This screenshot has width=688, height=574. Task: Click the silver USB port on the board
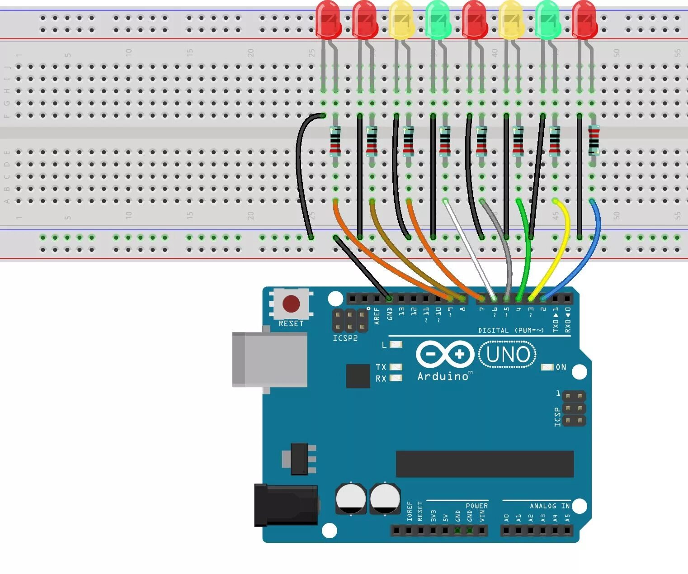[x=269, y=360]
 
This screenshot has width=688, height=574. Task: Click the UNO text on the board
[x=508, y=355]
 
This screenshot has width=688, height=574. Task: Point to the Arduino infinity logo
[x=445, y=354]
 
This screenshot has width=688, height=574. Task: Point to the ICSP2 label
[x=345, y=338]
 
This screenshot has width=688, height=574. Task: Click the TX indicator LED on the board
[x=396, y=367]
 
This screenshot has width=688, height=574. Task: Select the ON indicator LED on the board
[x=547, y=367]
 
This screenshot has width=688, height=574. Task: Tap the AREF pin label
[x=377, y=316]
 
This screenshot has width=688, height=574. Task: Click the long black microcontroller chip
[x=485, y=464]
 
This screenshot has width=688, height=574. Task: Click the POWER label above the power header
[x=476, y=506]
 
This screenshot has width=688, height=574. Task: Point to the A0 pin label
[x=506, y=517]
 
